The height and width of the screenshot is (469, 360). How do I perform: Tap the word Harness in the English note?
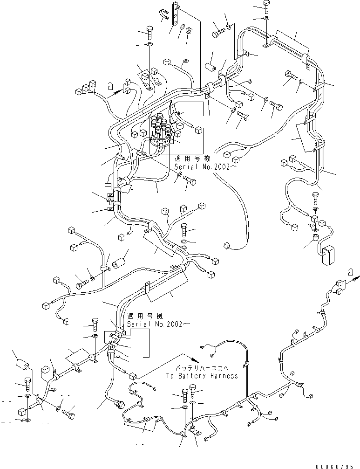coord(222,376)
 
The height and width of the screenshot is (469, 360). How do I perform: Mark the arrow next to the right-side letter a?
coord(353,279)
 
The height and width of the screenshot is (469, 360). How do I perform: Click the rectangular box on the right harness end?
coord(328,256)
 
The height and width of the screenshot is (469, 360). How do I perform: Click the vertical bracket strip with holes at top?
coord(176,15)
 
